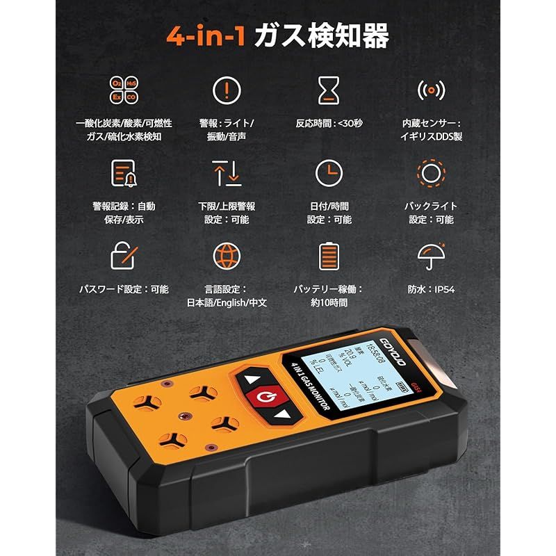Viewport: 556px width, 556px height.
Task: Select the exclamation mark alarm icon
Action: (x=227, y=90)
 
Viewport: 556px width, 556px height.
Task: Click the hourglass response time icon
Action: (x=329, y=90)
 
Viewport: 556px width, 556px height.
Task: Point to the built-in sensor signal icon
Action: (x=430, y=90)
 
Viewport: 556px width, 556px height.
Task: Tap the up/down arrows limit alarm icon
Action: (x=227, y=173)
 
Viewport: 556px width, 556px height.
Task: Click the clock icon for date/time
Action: (x=329, y=173)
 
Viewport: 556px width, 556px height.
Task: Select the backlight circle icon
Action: (x=430, y=173)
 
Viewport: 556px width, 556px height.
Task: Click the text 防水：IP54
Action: (x=430, y=289)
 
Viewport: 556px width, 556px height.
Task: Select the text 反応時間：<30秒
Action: (x=329, y=123)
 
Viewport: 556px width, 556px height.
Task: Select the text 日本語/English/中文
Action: (x=227, y=303)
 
